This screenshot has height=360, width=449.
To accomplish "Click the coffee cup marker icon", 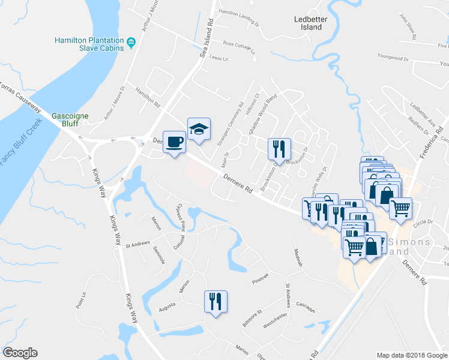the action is (175, 142).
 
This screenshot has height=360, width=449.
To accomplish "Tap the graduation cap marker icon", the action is (199, 129).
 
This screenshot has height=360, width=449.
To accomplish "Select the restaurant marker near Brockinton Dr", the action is (279, 148).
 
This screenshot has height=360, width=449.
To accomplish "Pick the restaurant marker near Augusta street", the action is (215, 301).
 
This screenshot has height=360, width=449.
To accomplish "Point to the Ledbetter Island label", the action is (308, 23).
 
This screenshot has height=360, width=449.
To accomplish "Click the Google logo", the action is (20, 353).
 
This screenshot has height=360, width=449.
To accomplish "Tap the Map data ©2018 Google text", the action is (412, 355).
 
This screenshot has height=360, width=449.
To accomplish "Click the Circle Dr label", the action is (423, 221).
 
